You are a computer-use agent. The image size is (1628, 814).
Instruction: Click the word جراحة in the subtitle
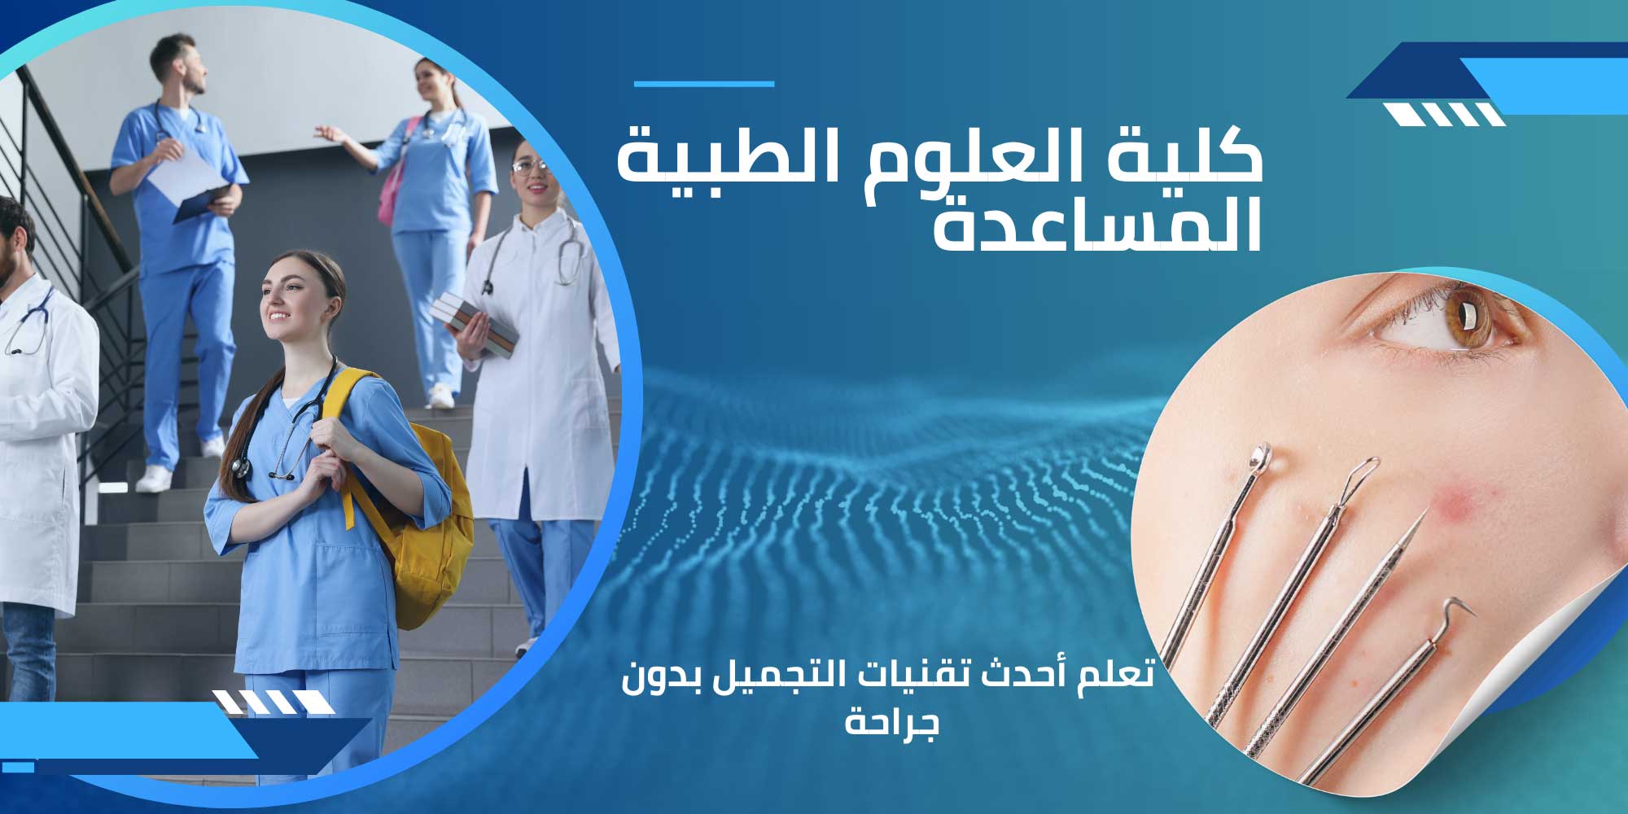[892, 721]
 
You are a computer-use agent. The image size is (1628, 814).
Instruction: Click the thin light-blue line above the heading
[704, 84]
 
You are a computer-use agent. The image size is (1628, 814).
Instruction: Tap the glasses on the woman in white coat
[530, 167]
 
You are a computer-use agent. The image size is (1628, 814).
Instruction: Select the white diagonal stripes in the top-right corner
[1445, 115]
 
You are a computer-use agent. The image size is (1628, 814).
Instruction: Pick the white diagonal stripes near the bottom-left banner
[274, 702]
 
